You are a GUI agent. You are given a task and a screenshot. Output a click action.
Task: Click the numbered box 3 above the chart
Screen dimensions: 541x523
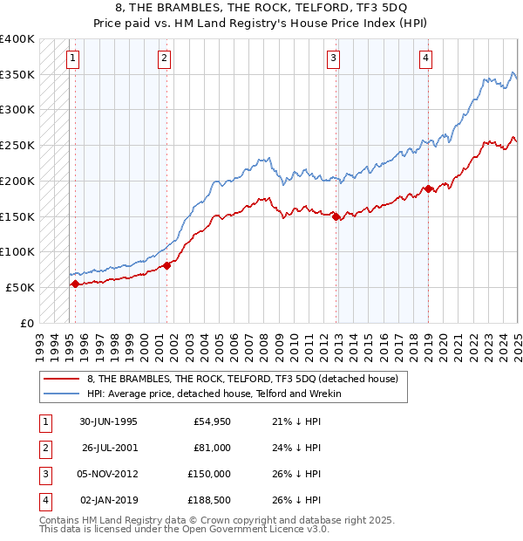click(x=334, y=59)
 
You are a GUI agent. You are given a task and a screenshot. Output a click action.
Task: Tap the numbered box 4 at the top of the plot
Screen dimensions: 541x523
click(x=425, y=59)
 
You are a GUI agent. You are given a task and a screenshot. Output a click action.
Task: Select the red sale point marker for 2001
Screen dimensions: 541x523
click(x=166, y=265)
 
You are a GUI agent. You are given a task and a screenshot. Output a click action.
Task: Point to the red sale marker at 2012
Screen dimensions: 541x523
click(x=336, y=216)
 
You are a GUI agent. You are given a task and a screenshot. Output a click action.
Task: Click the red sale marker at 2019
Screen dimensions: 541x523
click(x=428, y=188)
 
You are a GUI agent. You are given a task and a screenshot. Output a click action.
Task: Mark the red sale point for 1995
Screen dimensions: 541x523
click(x=75, y=284)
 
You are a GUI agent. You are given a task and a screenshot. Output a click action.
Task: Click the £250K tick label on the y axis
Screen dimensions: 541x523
click(x=18, y=145)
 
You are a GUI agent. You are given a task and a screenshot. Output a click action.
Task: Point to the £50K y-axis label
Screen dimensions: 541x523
click(x=21, y=287)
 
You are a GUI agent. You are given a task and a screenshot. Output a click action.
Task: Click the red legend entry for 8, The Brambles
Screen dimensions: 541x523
click(x=242, y=379)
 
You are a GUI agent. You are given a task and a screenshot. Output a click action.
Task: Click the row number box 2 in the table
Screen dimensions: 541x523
click(x=43, y=448)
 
